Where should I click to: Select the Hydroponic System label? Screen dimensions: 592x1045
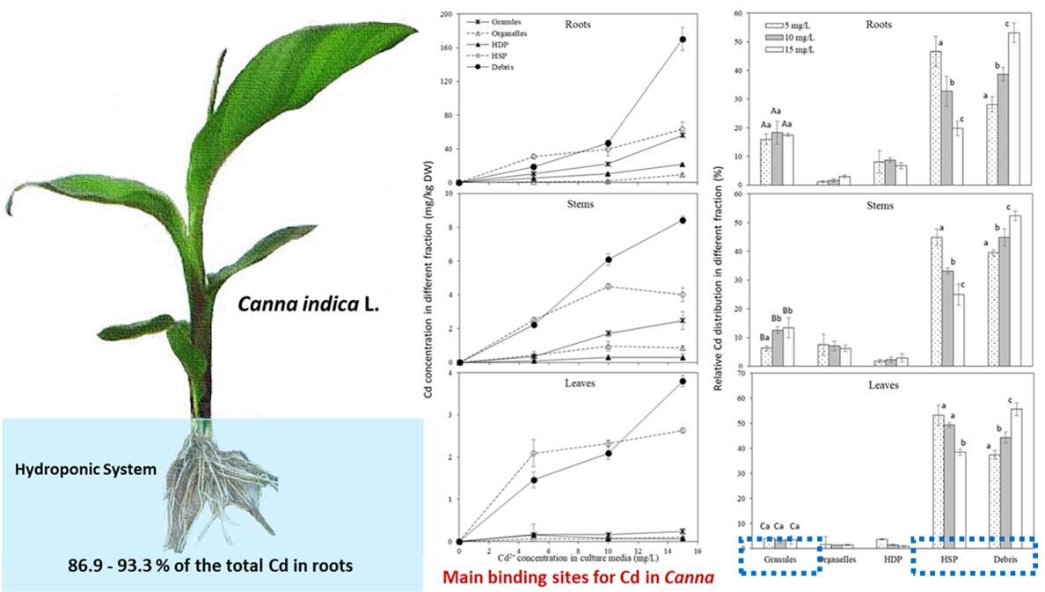click(x=84, y=470)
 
